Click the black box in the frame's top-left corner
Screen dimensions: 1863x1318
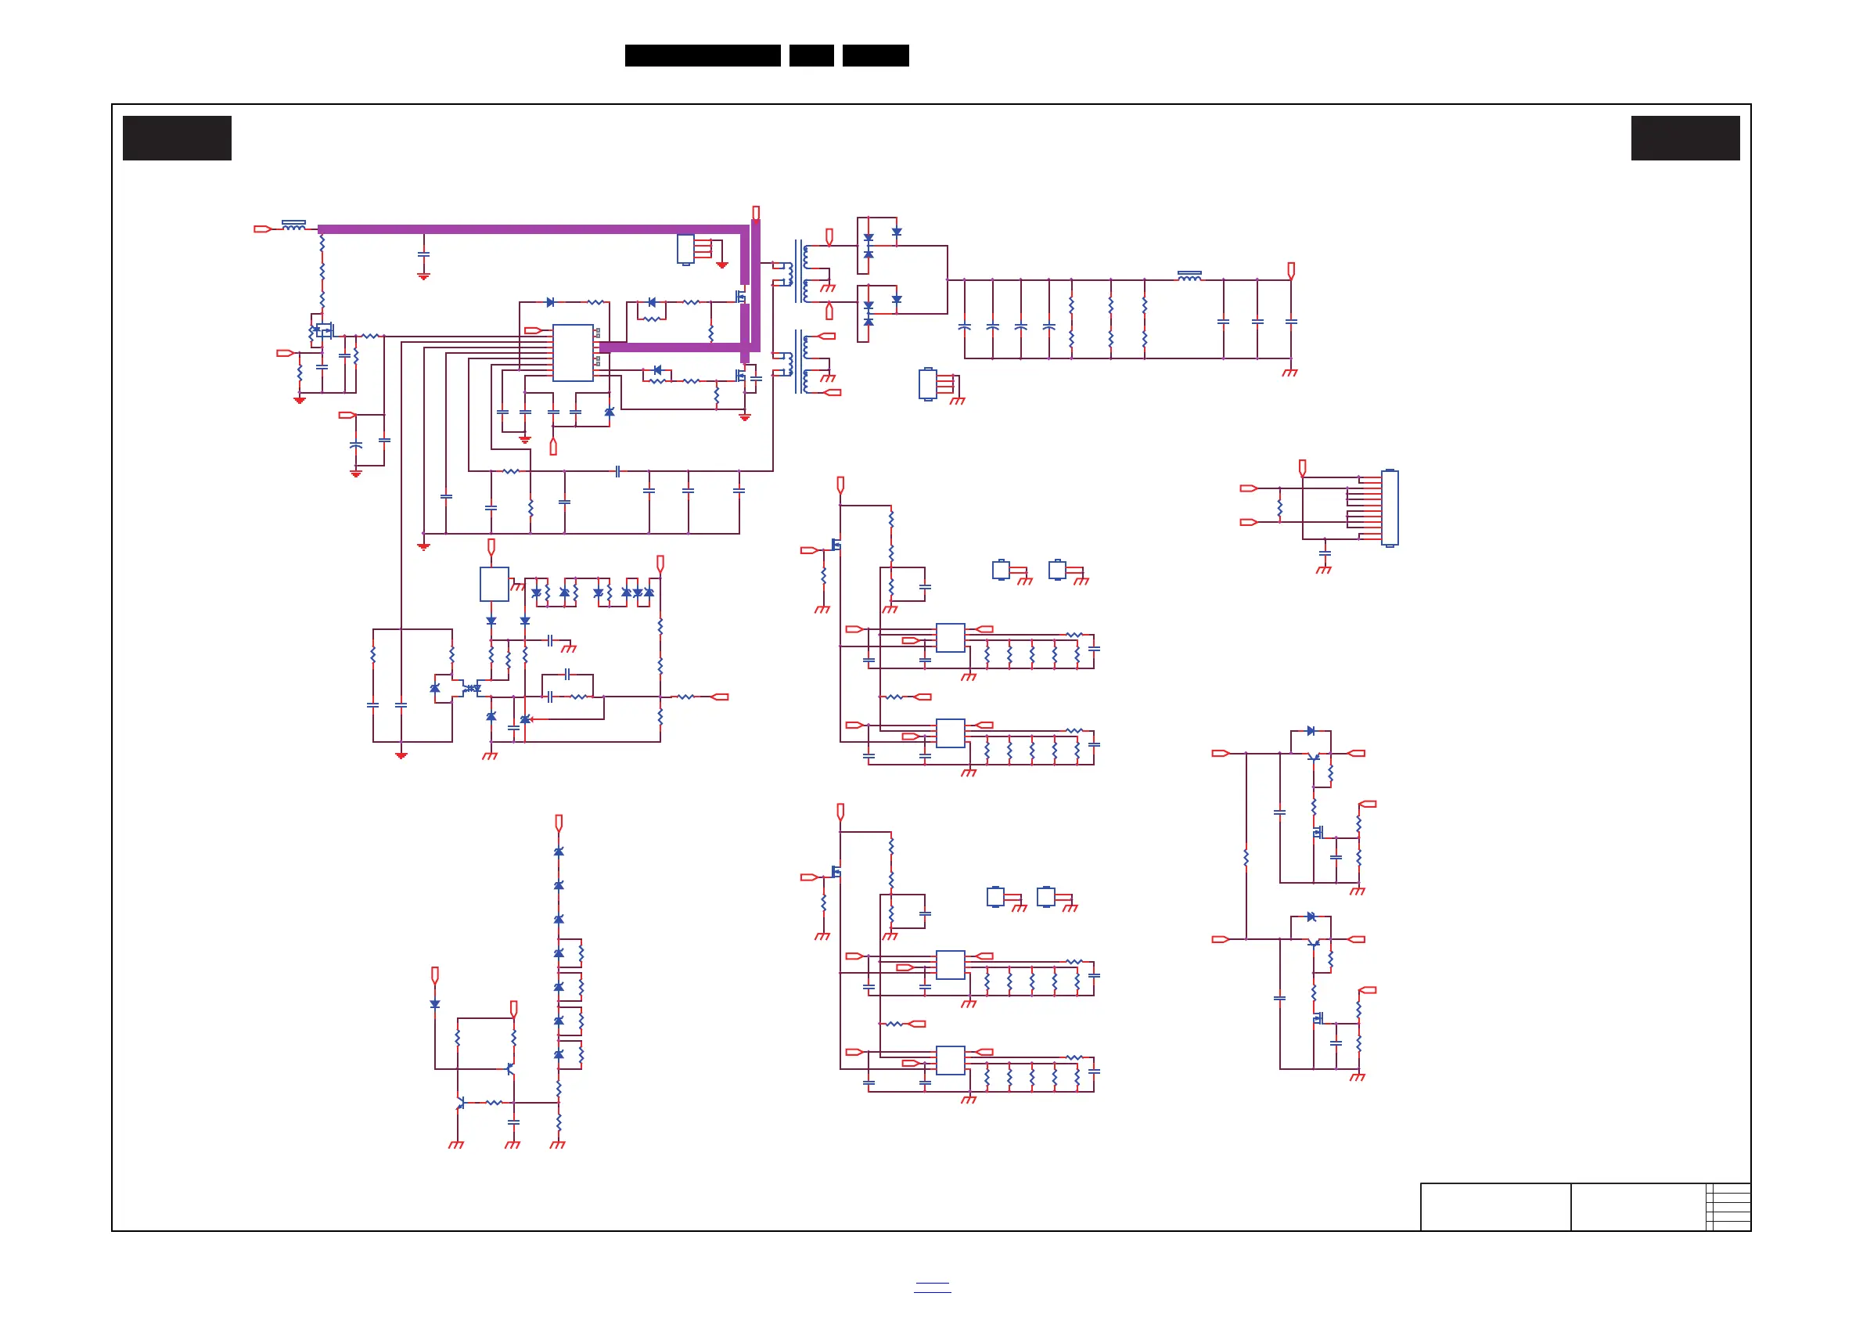177,138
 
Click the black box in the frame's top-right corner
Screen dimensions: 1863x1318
1685,138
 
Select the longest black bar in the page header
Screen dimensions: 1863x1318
702,56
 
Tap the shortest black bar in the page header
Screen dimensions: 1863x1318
811,56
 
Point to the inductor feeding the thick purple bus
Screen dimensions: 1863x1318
293,225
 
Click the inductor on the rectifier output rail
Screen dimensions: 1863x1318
1189,277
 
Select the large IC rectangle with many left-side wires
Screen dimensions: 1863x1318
573,353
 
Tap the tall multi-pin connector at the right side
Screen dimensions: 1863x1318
1389,508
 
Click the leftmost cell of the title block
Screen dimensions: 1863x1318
1494,1207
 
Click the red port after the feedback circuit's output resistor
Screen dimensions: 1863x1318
720,697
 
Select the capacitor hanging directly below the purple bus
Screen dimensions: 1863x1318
423,255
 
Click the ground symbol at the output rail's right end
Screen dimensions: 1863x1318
1290,373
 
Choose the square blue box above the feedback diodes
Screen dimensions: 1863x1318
495,585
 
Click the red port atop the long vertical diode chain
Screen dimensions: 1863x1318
558,822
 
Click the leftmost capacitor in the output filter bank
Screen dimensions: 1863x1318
964,326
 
